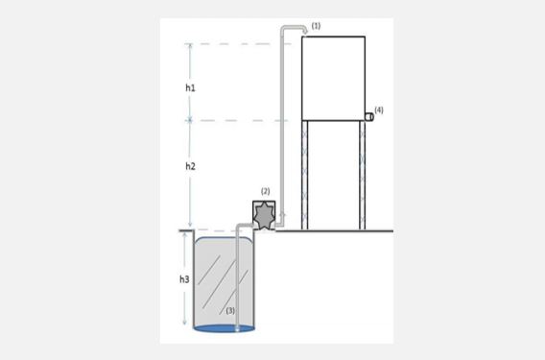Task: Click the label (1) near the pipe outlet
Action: [316, 26]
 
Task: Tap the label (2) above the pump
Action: [265, 191]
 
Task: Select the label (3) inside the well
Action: [230, 311]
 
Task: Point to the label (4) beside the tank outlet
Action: [379, 109]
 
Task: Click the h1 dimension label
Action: [190, 88]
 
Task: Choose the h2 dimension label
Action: [190, 166]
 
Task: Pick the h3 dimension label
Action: [184, 279]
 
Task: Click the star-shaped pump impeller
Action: [264, 216]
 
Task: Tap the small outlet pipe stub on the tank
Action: [369, 117]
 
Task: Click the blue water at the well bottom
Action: [225, 328]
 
